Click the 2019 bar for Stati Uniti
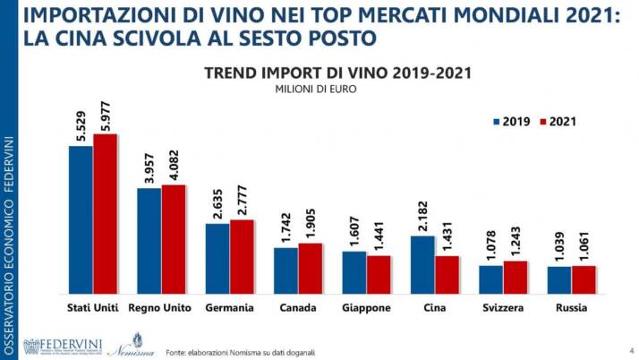[81, 219]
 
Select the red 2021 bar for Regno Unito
[173, 239]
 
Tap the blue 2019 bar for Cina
[422, 264]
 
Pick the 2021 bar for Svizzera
[515, 278]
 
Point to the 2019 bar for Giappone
[354, 272]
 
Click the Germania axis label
[229, 308]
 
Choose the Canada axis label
[298, 308]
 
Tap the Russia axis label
[571, 308]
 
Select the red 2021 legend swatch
[542, 122]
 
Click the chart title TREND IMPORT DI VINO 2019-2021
[337, 73]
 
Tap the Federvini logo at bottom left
[63, 346]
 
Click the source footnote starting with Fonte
[240, 351]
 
